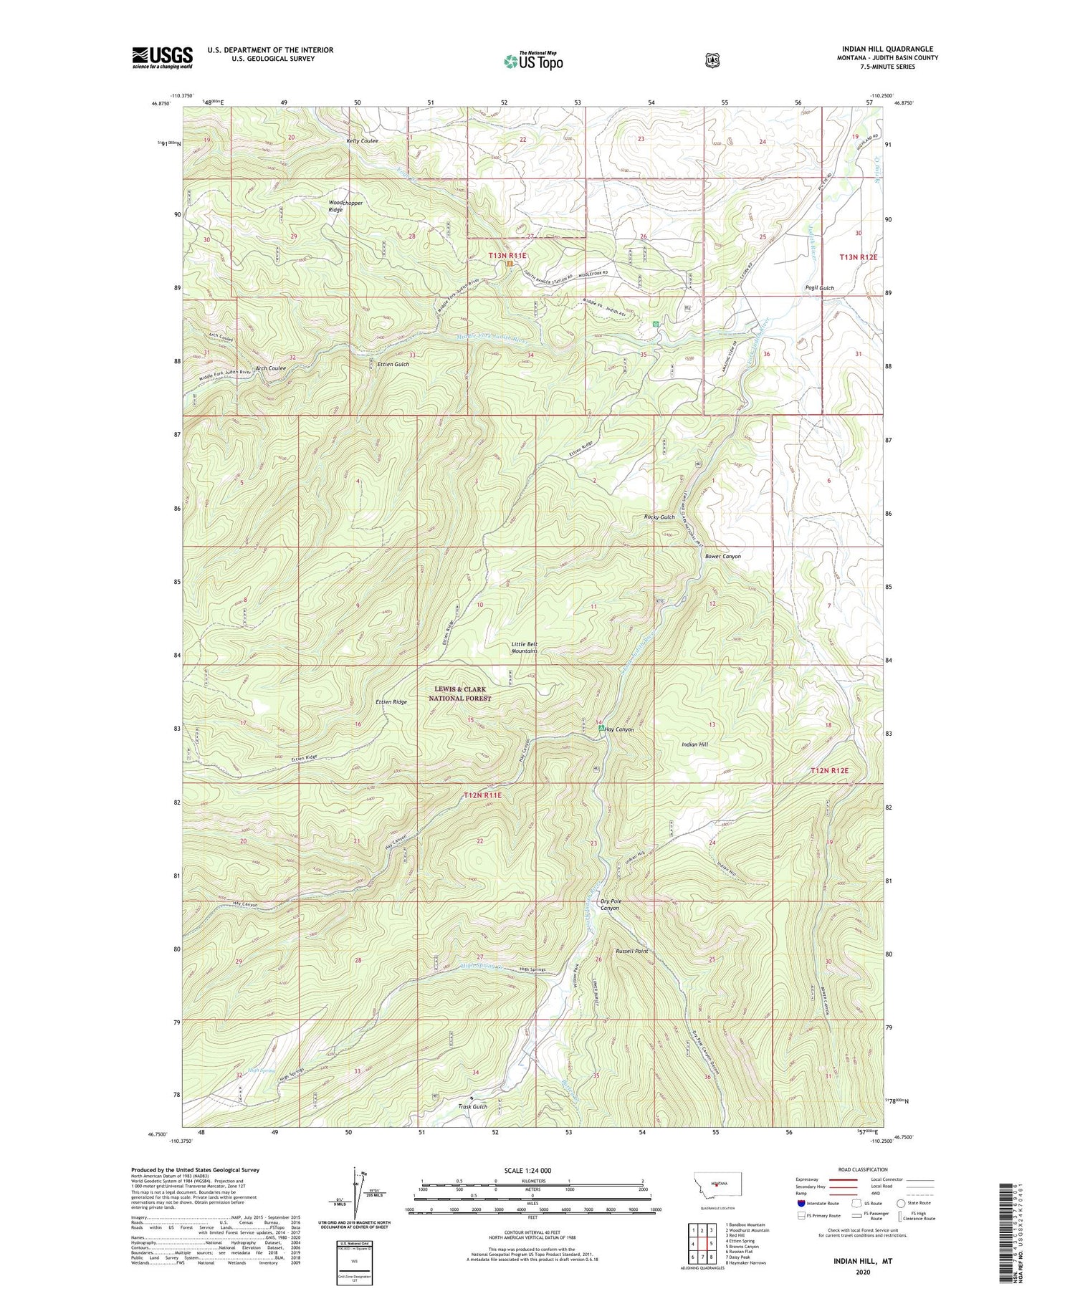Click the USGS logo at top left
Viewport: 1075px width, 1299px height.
point(162,57)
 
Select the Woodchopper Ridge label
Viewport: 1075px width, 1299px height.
point(345,206)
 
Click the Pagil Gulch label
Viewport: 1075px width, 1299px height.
point(818,288)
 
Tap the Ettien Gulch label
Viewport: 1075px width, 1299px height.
point(393,365)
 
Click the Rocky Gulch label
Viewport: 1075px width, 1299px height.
point(659,517)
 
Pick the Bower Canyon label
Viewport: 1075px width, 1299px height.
point(722,556)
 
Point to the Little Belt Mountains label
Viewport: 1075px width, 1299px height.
point(524,647)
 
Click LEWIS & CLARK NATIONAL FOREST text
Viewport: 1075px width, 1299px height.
point(462,694)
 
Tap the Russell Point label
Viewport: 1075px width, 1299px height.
point(631,952)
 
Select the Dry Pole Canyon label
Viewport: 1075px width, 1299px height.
point(609,904)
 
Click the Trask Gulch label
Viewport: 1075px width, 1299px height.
point(472,1106)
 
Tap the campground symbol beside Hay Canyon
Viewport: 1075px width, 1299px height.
point(601,729)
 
